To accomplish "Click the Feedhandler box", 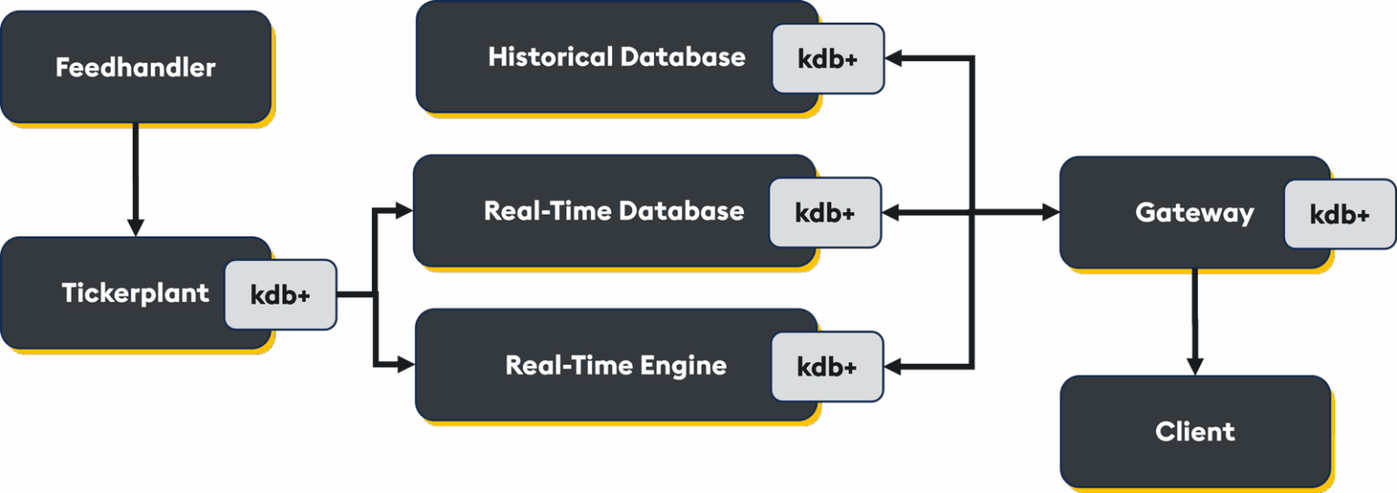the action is coord(136,66).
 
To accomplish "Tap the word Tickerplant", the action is coord(136,293).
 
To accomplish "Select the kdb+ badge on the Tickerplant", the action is coord(280,295).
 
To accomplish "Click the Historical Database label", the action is coord(616,56).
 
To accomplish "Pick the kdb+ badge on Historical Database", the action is coord(828,58).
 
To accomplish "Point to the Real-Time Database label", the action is coord(614,211).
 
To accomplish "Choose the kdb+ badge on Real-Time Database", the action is coord(825,213).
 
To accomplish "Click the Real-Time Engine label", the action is coord(616,365).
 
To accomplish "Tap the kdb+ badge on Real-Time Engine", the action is coord(827,367).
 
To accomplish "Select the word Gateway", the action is coord(1194,213).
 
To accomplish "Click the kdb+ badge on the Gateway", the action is coord(1340,215).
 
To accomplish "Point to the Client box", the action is coord(1195,431).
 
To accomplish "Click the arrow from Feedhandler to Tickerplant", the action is coord(136,180).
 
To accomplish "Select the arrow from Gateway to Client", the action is coord(1194,322).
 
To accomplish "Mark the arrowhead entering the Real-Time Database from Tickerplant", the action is coord(404,211).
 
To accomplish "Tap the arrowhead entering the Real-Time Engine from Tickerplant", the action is coord(406,365).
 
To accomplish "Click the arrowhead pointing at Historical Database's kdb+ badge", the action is coord(894,58).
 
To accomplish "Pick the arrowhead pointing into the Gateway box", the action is coord(1050,213).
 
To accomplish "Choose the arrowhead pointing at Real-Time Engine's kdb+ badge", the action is coord(893,367).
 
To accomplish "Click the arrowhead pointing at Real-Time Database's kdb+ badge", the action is coord(891,213).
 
